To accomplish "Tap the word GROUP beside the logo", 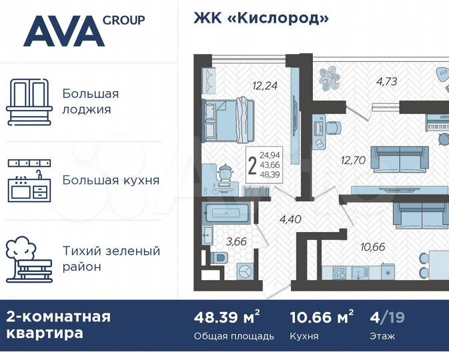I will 123,20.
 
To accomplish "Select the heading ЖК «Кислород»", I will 261,18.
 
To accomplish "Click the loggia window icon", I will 29,101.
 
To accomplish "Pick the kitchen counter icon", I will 29,180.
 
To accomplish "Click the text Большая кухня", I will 111,180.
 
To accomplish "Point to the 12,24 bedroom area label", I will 264,85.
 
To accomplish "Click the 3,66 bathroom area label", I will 236,241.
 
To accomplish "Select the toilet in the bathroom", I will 218,258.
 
